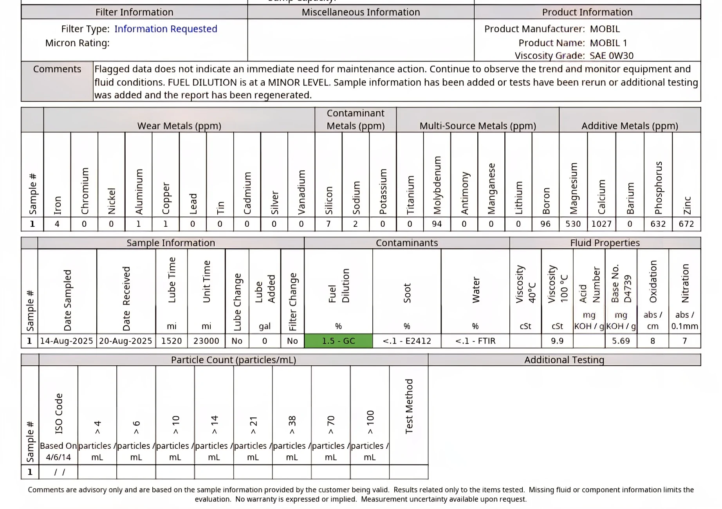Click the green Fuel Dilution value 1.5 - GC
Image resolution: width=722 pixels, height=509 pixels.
338,341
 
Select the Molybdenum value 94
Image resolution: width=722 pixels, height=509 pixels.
437,224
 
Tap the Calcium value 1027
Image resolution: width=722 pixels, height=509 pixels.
601,224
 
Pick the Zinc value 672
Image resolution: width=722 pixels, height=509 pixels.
686,224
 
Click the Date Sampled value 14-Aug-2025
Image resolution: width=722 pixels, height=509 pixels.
67,341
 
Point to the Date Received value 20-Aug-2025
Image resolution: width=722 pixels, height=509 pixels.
126,341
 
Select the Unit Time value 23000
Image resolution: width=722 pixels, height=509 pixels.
206,341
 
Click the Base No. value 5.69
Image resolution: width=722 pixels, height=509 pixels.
621,341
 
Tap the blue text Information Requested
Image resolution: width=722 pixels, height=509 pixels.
166,29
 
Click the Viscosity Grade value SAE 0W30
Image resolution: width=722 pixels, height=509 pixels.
612,56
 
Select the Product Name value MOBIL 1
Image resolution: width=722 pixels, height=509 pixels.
608,43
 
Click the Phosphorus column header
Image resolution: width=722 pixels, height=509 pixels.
659,188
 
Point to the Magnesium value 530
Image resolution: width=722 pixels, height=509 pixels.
573,224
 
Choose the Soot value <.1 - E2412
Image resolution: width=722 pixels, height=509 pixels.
407,341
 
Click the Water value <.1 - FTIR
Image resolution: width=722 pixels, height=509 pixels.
475,341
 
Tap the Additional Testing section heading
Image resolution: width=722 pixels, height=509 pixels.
564,360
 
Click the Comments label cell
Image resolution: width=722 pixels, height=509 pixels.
57,69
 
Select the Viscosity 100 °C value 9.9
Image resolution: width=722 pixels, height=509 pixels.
557,341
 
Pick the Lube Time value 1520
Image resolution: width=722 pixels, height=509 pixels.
171,341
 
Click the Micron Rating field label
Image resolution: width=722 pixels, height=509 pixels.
78,43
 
